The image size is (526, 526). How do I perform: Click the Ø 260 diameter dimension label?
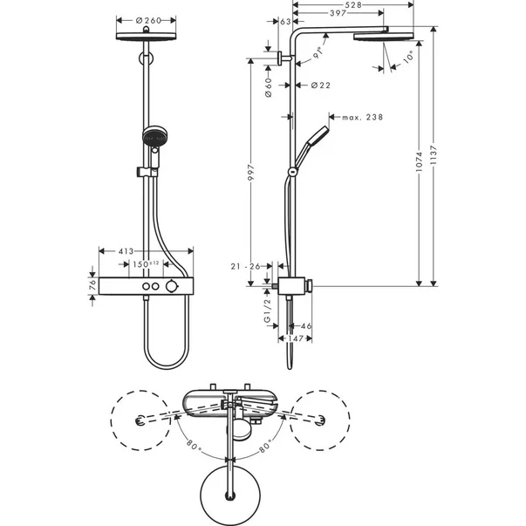coord(145,19)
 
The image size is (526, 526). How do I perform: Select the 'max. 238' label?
coord(361,117)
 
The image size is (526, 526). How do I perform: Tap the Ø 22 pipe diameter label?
coord(321,85)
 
